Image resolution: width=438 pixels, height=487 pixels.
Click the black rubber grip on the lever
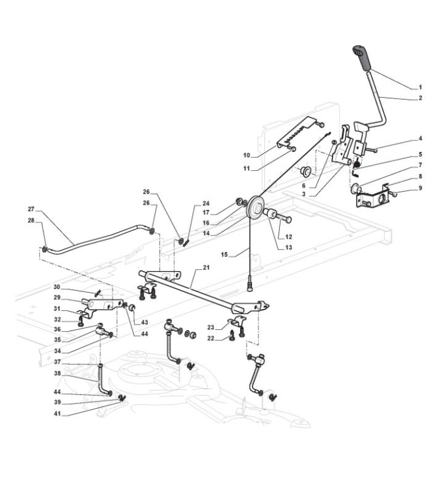point(363,58)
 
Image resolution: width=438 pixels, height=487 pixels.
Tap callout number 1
point(420,87)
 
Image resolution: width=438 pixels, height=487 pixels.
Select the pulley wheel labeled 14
point(255,207)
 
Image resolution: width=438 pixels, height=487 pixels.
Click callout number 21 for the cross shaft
point(206,267)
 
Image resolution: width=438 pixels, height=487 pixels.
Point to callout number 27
point(31,209)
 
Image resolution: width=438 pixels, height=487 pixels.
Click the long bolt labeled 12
point(284,219)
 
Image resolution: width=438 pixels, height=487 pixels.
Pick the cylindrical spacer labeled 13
point(269,214)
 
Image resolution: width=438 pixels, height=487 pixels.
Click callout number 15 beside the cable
point(224,255)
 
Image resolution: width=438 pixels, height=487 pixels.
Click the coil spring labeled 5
point(357,162)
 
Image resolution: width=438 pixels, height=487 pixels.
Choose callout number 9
point(420,188)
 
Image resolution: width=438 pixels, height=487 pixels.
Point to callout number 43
point(144,323)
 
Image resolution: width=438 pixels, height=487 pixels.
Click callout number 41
point(57,414)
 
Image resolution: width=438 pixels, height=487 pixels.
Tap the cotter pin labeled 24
point(186,243)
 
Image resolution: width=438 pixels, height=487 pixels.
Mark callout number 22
point(210,338)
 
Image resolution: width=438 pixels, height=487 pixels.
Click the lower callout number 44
point(57,392)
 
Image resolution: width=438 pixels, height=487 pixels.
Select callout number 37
point(57,362)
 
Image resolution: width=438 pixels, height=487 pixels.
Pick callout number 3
point(303,194)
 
